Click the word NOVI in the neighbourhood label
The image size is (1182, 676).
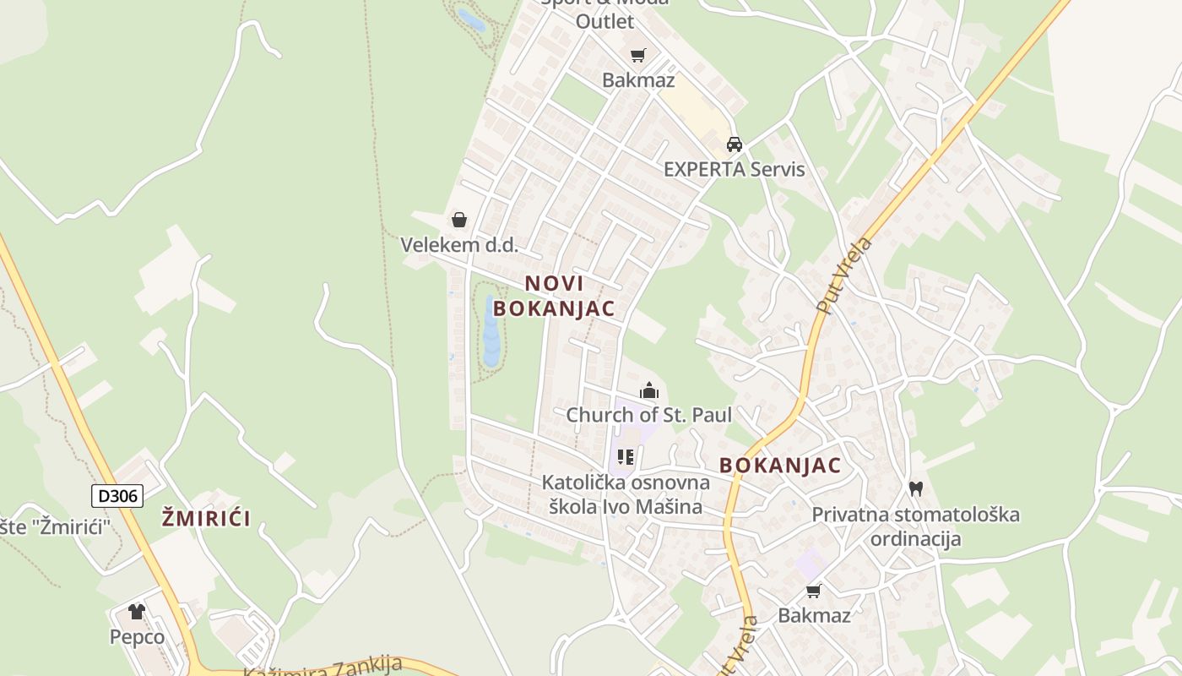coord(554,283)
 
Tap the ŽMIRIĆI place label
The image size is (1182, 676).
coord(206,518)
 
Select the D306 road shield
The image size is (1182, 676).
coord(117,495)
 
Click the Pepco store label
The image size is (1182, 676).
coord(137,636)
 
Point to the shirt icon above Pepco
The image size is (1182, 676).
coord(137,611)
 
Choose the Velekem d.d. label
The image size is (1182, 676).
coord(458,245)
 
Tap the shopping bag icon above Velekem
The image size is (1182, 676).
coord(458,220)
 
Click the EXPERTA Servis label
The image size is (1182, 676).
coord(734,169)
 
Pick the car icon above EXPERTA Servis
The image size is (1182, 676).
coord(735,144)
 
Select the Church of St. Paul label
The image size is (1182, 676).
coord(648,415)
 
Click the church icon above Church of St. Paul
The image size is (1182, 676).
coord(649,390)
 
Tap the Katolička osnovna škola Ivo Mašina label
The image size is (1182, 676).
coord(626,494)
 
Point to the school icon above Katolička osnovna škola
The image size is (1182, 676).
coord(626,457)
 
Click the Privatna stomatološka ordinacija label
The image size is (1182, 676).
coord(915,526)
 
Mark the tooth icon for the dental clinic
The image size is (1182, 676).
coord(915,488)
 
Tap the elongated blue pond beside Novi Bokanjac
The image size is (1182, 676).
coord(491,331)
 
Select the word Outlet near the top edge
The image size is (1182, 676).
coord(605,21)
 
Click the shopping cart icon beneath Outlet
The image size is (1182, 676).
coord(638,55)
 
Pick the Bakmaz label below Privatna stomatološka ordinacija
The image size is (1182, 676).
coord(814,615)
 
